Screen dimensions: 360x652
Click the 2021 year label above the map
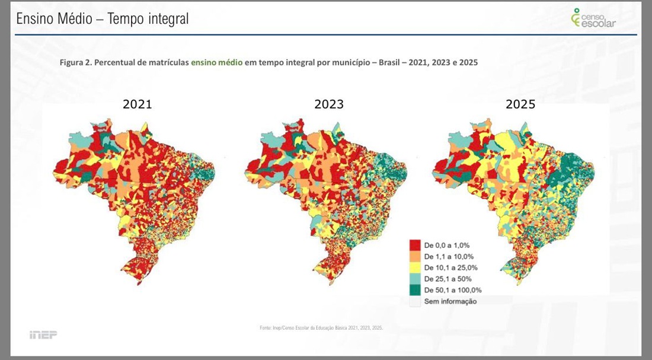coord(138,104)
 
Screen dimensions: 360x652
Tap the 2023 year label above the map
coord(329,104)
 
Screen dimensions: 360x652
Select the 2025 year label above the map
coord(520,104)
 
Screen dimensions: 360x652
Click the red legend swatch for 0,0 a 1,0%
coord(415,245)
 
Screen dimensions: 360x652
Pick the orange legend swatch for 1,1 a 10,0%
coord(415,256)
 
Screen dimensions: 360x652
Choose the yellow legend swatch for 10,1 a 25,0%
coord(415,267)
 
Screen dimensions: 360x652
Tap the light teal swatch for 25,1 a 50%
coord(415,279)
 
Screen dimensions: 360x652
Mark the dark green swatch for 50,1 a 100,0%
coord(415,290)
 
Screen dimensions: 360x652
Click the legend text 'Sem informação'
coord(450,301)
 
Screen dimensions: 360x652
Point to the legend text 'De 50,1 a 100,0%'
coord(453,290)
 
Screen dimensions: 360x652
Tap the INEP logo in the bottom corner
coord(43,335)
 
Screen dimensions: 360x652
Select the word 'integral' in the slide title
coord(165,19)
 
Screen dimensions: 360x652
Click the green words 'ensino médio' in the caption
coord(216,62)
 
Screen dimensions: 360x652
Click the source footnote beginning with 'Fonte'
coord(321,327)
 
